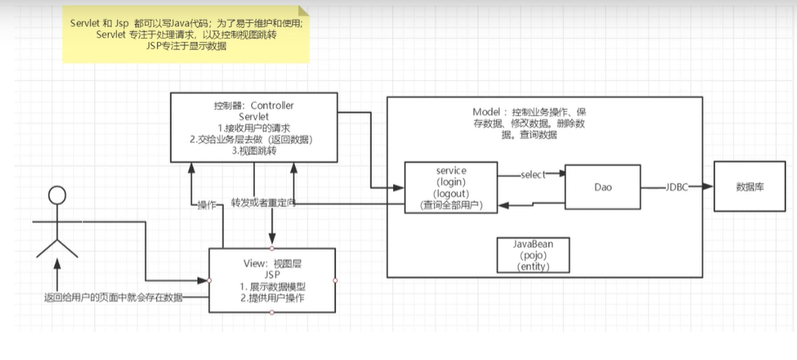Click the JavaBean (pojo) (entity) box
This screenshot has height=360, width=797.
pyautogui.click(x=533, y=256)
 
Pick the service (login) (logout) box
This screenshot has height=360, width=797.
pyautogui.click(x=451, y=188)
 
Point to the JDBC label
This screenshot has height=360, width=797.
pyautogui.click(x=677, y=188)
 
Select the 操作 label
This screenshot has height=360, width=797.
pyautogui.click(x=207, y=204)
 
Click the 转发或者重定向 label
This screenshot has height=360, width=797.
pyautogui.click(x=263, y=203)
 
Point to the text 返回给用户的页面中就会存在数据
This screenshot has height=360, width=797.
pyautogui.click(x=113, y=297)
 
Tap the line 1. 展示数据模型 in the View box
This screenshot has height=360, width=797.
pyautogui.click(x=272, y=286)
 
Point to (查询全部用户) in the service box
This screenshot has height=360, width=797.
pyautogui.click(x=451, y=206)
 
